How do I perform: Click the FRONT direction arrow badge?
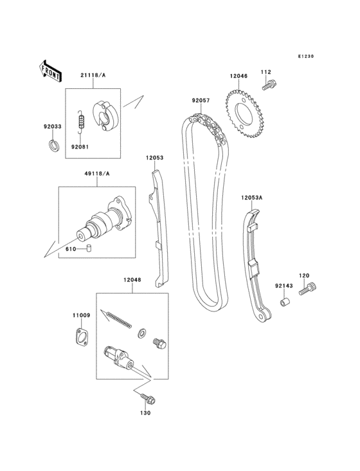coord(50,70)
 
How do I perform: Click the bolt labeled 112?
coord(269,84)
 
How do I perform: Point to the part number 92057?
coord(200,100)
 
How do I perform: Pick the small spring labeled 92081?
coord(81,122)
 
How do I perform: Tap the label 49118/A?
coord(97,174)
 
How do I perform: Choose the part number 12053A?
coord(252,198)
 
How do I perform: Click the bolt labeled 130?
coord(149,399)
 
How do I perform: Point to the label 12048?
coord(133,280)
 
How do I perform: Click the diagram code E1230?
coord(305,57)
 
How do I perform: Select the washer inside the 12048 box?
coord(141,333)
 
